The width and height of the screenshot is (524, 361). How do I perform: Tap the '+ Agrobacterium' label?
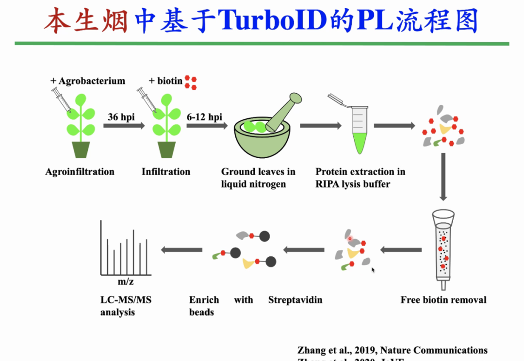click(88, 81)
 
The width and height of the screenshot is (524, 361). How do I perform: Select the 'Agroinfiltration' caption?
click(80, 172)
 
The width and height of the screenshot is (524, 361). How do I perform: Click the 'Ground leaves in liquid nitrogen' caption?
click(258, 178)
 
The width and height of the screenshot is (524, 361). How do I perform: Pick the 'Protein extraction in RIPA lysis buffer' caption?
click(360, 178)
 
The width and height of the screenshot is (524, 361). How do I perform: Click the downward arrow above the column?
click(442, 177)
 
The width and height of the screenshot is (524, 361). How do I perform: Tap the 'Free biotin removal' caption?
click(443, 300)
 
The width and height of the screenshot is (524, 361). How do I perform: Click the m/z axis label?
click(125, 282)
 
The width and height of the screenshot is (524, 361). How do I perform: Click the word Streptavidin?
click(295, 300)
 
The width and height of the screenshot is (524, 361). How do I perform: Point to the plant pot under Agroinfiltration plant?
click(82, 149)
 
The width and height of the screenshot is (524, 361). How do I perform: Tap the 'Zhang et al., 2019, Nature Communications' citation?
click(392, 350)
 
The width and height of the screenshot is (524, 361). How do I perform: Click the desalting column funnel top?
click(443, 216)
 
